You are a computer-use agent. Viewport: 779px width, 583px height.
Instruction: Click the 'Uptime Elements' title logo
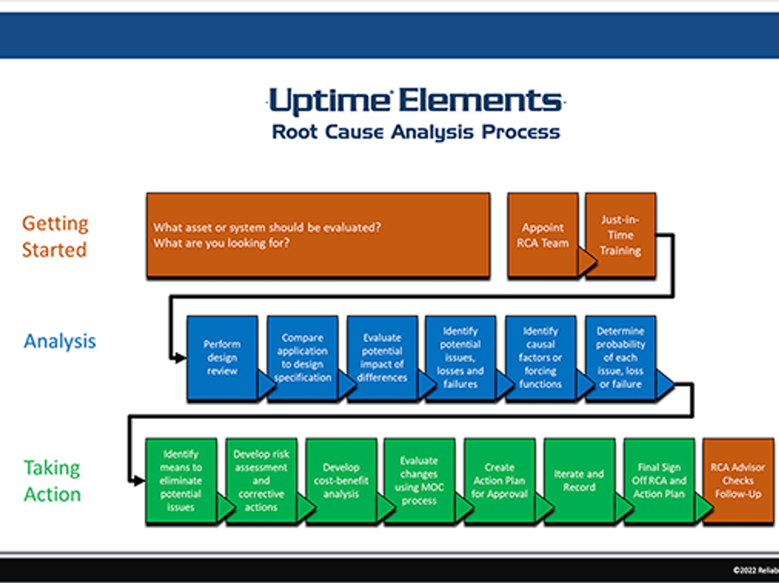click(416, 101)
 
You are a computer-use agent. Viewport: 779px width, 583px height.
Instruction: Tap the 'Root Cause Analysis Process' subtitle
click(416, 132)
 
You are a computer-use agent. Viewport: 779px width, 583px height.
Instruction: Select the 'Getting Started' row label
click(55, 236)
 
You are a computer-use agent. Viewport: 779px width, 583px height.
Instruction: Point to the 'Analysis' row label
click(60, 341)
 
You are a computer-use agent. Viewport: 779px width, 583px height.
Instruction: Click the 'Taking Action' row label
click(52, 481)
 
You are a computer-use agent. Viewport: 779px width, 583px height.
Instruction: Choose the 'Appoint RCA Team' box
click(543, 235)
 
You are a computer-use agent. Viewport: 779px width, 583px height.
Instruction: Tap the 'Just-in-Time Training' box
click(620, 235)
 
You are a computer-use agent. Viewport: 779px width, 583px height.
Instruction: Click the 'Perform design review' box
click(222, 358)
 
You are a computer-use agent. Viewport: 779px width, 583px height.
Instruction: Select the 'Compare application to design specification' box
click(303, 358)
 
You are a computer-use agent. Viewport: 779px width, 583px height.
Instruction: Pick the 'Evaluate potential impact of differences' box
click(382, 358)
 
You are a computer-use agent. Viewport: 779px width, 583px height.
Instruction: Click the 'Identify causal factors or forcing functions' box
click(540, 358)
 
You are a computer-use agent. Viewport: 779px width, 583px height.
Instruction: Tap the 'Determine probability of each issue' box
click(620, 358)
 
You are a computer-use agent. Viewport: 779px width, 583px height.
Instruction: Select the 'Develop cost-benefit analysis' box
click(341, 481)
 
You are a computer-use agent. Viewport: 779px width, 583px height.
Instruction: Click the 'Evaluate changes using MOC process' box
click(419, 481)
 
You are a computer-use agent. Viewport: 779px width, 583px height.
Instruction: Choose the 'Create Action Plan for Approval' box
click(499, 481)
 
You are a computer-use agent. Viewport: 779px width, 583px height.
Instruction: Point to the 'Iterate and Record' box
click(580, 481)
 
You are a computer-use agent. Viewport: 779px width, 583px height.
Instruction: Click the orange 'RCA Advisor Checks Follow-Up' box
click(738, 481)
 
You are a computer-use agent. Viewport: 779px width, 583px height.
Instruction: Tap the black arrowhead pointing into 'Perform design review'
click(180, 358)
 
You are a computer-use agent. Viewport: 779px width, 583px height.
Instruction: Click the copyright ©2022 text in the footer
click(756, 571)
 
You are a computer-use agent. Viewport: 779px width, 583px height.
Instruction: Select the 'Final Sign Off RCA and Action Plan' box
click(659, 481)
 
